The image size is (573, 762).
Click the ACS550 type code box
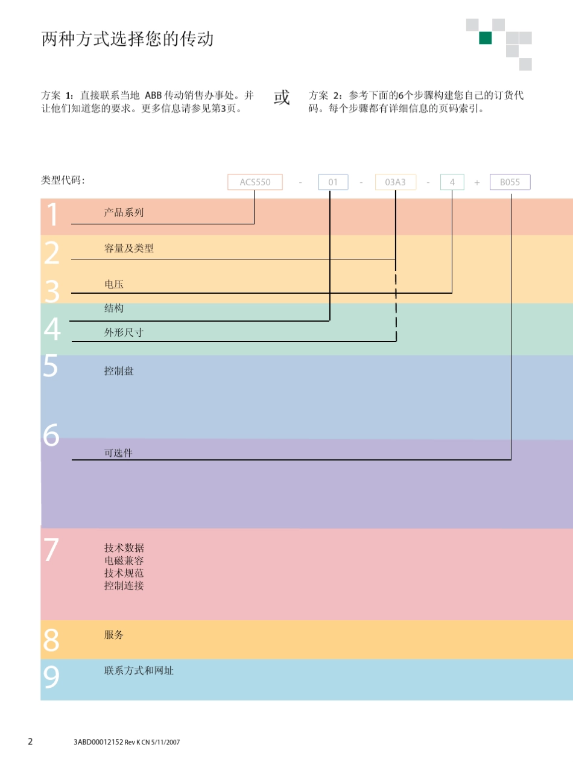[255, 182]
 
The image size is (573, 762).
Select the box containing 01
[333, 182]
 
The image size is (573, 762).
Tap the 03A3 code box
[396, 182]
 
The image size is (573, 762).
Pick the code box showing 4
[452, 182]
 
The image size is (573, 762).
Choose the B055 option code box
[510, 182]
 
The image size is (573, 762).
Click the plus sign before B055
[477, 182]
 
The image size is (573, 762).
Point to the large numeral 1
[52, 215]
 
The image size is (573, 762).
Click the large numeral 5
[51, 366]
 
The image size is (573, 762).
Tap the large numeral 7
[51, 550]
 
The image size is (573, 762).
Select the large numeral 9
[52, 678]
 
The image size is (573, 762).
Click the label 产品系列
[124, 212]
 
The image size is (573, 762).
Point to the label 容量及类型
[129, 248]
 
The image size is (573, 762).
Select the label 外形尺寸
[124, 332]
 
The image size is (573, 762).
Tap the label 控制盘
[119, 371]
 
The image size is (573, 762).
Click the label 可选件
[118, 453]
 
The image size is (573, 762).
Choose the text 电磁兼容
[124, 560]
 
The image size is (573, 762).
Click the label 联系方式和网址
[139, 670]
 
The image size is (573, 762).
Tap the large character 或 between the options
[282, 98]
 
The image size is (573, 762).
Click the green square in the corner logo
[485, 39]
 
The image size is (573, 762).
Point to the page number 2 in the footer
[30, 741]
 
